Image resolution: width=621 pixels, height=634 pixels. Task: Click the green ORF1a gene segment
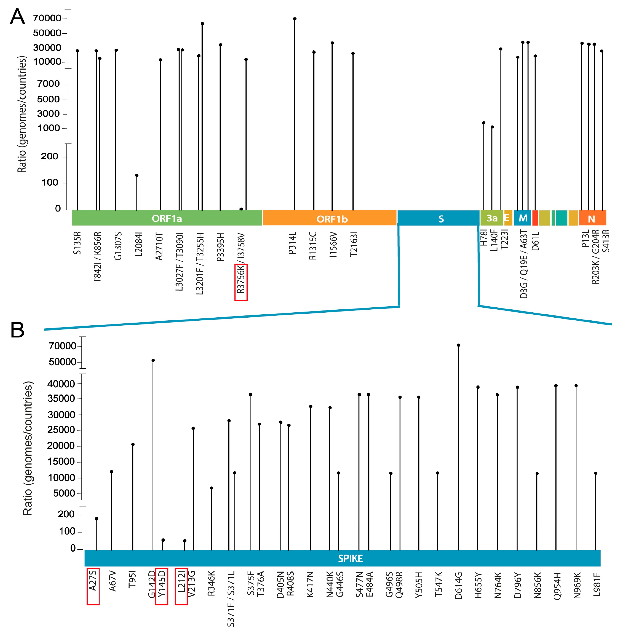tap(167, 218)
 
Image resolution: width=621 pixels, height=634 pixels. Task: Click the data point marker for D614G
tap(459, 345)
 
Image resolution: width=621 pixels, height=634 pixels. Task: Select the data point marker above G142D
tap(153, 360)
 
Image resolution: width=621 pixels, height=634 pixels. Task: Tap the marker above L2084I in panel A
tap(137, 175)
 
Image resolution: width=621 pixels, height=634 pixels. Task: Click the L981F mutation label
tap(597, 584)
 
